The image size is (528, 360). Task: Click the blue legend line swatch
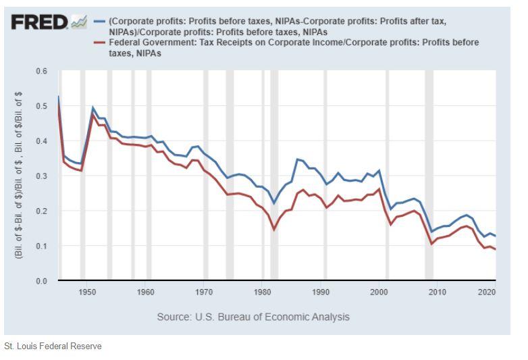point(99,21)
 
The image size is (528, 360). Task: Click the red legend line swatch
point(99,43)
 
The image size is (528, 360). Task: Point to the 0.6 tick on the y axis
point(42,71)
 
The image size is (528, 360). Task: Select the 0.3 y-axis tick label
point(42,176)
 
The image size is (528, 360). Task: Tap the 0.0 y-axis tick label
point(42,281)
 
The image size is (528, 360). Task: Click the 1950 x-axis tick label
point(87,292)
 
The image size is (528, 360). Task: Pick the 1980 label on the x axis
point(263,292)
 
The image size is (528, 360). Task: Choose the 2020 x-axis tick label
point(487,292)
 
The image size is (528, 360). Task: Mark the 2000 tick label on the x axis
point(379,292)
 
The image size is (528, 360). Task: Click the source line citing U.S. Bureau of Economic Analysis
point(253,317)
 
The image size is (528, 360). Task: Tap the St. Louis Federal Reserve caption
point(53,346)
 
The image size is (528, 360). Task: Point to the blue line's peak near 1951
point(93,107)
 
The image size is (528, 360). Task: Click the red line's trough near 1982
point(274,230)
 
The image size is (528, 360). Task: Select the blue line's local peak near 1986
point(297,159)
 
